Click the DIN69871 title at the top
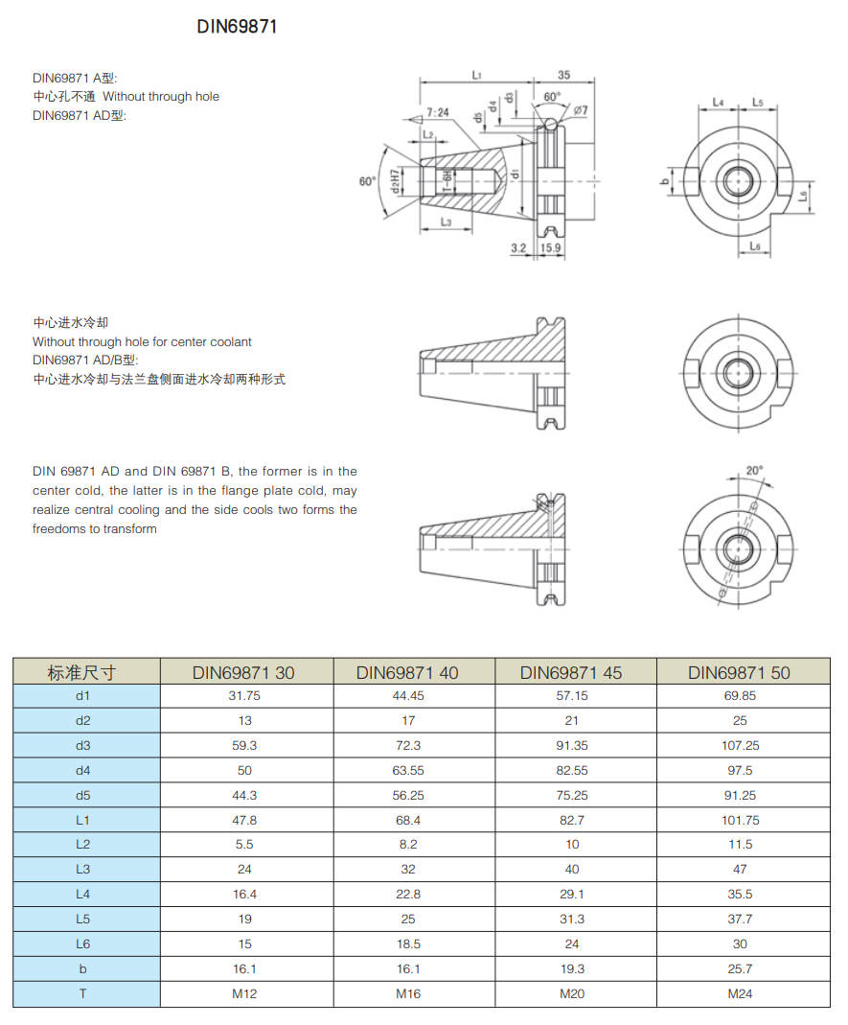(237, 27)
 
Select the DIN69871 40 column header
(407, 672)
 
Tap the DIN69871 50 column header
(739, 672)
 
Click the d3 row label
(82, 745)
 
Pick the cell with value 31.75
(245, 696)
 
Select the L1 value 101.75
(739, 820)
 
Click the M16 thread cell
(407, 993)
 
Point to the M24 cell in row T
(739, 993)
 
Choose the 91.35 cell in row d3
(572, 745)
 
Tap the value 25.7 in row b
(739, 968)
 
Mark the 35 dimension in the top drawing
(563, 75)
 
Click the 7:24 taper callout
(438, 112)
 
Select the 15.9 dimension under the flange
(551, 247)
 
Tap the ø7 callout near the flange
(581, 111)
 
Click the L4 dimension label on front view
(718, 102)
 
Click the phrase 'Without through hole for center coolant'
(142, 341)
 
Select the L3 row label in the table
(82, 869)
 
